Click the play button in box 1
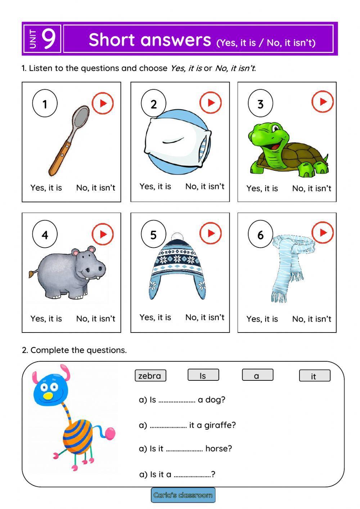103,103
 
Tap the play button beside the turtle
323,102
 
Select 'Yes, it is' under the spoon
46,188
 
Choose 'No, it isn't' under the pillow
204,186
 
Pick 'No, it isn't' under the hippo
95,318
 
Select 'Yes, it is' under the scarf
262,319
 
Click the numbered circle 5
153,235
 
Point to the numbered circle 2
153,104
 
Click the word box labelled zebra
150,376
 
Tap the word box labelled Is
203,375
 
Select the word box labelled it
314,376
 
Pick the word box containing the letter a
257,375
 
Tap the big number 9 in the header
49,39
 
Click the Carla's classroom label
183,495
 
